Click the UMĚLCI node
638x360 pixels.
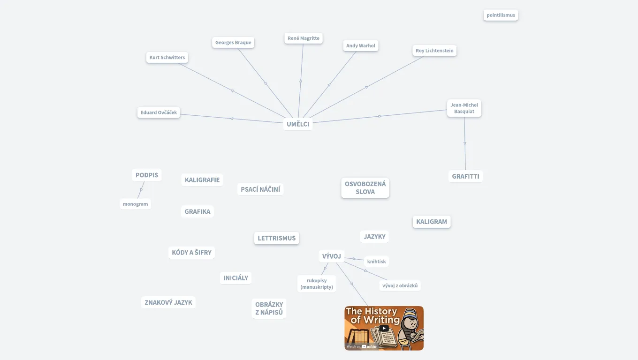298,124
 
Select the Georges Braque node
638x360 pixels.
233,43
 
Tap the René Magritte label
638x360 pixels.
304,38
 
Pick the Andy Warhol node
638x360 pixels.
361,46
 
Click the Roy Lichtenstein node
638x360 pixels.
434,51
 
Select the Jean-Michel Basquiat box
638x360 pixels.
464,108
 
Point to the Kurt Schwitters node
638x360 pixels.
167,58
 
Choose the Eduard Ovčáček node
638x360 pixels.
159,112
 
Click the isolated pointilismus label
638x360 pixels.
501,15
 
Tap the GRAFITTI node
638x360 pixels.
465,177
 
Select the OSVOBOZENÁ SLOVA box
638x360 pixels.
365,188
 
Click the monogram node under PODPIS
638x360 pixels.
135,204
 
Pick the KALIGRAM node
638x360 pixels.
432,222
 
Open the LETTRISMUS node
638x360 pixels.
276,238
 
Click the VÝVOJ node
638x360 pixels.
331,256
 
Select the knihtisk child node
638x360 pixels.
376,262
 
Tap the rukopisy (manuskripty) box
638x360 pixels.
317,284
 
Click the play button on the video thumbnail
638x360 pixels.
384,328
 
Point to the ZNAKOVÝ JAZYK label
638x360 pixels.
168,302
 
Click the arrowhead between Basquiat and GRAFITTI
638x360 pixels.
465,143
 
